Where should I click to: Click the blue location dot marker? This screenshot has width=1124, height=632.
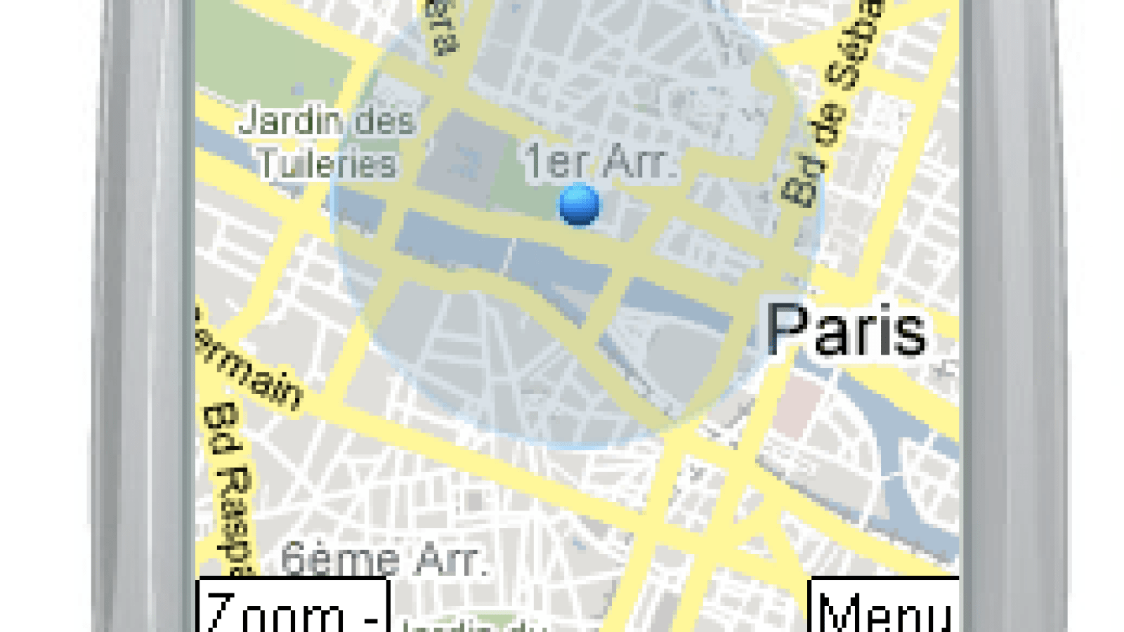(x=580, y=204)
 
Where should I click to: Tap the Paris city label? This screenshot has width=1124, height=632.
(x=846, y=330)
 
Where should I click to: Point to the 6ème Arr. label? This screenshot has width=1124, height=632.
(x=383, y=559)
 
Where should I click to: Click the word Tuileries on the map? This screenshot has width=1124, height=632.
(x=327, y=164)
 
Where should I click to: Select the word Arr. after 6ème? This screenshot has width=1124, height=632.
(x=450, y=560)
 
